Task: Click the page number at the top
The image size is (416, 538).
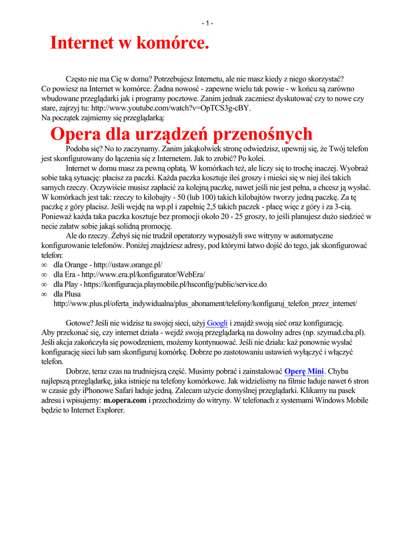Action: coord(207,23)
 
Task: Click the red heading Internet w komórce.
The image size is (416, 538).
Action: coord(129,43)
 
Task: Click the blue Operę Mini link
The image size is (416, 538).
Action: coord(304,371)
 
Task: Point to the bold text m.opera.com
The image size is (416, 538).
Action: coord(125,400)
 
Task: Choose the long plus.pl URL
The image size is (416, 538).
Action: coord(206,304)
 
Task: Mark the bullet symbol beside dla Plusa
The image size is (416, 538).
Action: coord(44,294)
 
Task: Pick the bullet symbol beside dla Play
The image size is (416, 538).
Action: coord(44,285)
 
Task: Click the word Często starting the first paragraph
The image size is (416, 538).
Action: coord(77,79)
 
